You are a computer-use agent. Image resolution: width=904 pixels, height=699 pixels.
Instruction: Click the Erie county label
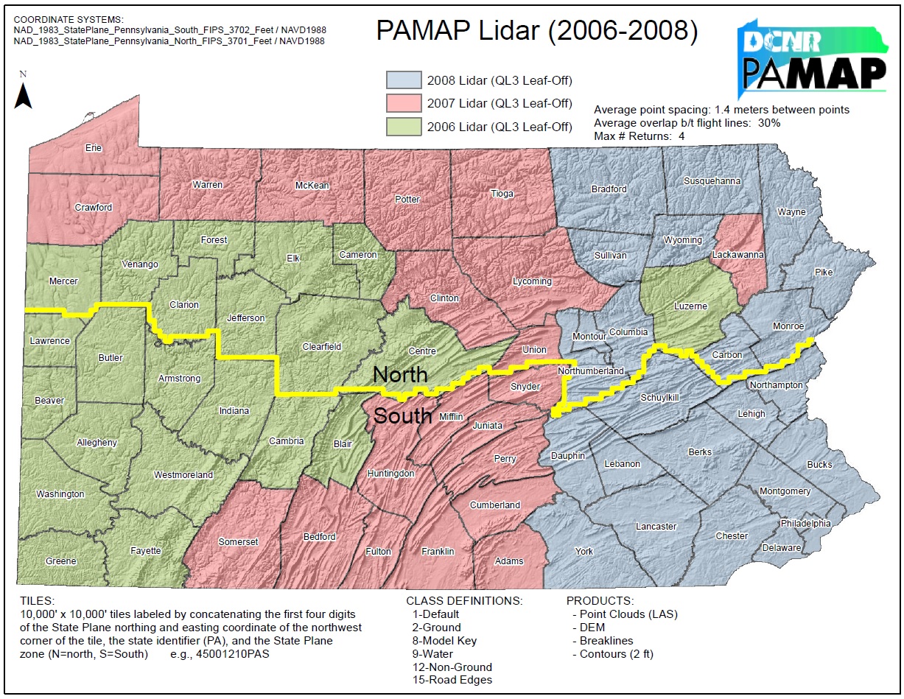coord(94,148)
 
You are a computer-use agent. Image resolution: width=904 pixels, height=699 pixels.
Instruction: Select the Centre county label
coord(422,351)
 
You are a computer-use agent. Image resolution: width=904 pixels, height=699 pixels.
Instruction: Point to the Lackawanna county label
coord(737,255)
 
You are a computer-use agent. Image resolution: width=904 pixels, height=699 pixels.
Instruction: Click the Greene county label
coord(60,561)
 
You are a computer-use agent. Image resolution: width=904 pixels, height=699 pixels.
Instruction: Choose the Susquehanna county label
coord(712,181)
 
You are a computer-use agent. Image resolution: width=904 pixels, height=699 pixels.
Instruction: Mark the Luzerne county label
coord(690,306)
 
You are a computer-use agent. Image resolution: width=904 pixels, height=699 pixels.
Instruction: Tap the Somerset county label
coord(238,542)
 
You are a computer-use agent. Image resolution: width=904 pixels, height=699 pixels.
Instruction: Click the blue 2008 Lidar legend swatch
coord(404,80)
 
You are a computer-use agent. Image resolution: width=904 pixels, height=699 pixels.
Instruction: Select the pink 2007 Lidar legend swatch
coord(404,104)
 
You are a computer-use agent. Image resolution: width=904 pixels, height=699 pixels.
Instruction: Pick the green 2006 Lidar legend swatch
coord(404,127)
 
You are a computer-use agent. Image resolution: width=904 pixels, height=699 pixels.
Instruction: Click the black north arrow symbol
coord(24,96)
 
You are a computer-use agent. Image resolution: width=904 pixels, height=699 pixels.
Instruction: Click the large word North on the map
coord(400,375)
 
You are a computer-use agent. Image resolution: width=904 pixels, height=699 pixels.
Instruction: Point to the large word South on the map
coord(402,416)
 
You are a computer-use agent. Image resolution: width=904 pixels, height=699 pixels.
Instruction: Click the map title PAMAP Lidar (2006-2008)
coord(537,31)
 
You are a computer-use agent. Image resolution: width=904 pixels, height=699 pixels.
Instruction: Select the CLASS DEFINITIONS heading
coord(464,601)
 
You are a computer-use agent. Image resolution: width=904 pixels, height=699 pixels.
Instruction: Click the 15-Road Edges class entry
coord(452,680)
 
